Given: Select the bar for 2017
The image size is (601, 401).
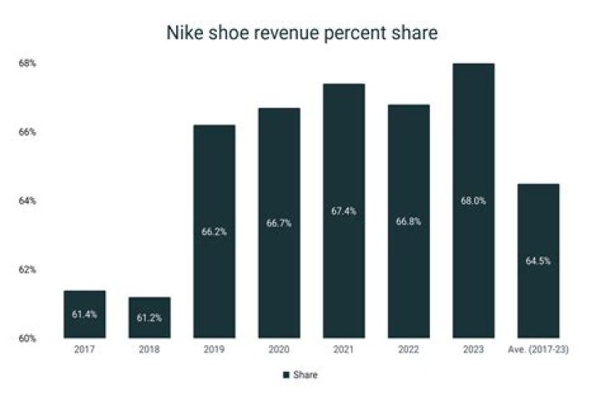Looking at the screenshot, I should [85, 314].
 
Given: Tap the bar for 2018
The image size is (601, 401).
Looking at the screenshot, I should [149, 317].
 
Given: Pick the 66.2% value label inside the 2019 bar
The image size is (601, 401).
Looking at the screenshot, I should [215, 232].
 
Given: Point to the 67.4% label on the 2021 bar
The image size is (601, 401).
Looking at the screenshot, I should [343, 211].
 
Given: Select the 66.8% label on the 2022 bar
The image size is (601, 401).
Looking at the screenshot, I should [408, 221].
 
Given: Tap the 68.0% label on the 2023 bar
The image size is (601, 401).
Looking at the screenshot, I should [472, 201].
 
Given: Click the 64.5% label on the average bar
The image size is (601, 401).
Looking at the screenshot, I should [538, 261].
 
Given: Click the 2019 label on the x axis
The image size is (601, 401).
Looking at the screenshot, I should [215, 351].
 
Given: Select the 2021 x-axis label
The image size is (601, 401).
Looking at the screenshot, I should [343, 351].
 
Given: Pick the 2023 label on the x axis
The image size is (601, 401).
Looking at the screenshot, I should [472, 351].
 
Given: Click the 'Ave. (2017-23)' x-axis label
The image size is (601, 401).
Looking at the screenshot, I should [538, 351].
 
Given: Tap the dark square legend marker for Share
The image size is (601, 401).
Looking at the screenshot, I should [285, 375].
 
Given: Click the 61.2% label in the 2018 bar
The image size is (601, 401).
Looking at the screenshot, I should [149, 318].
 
